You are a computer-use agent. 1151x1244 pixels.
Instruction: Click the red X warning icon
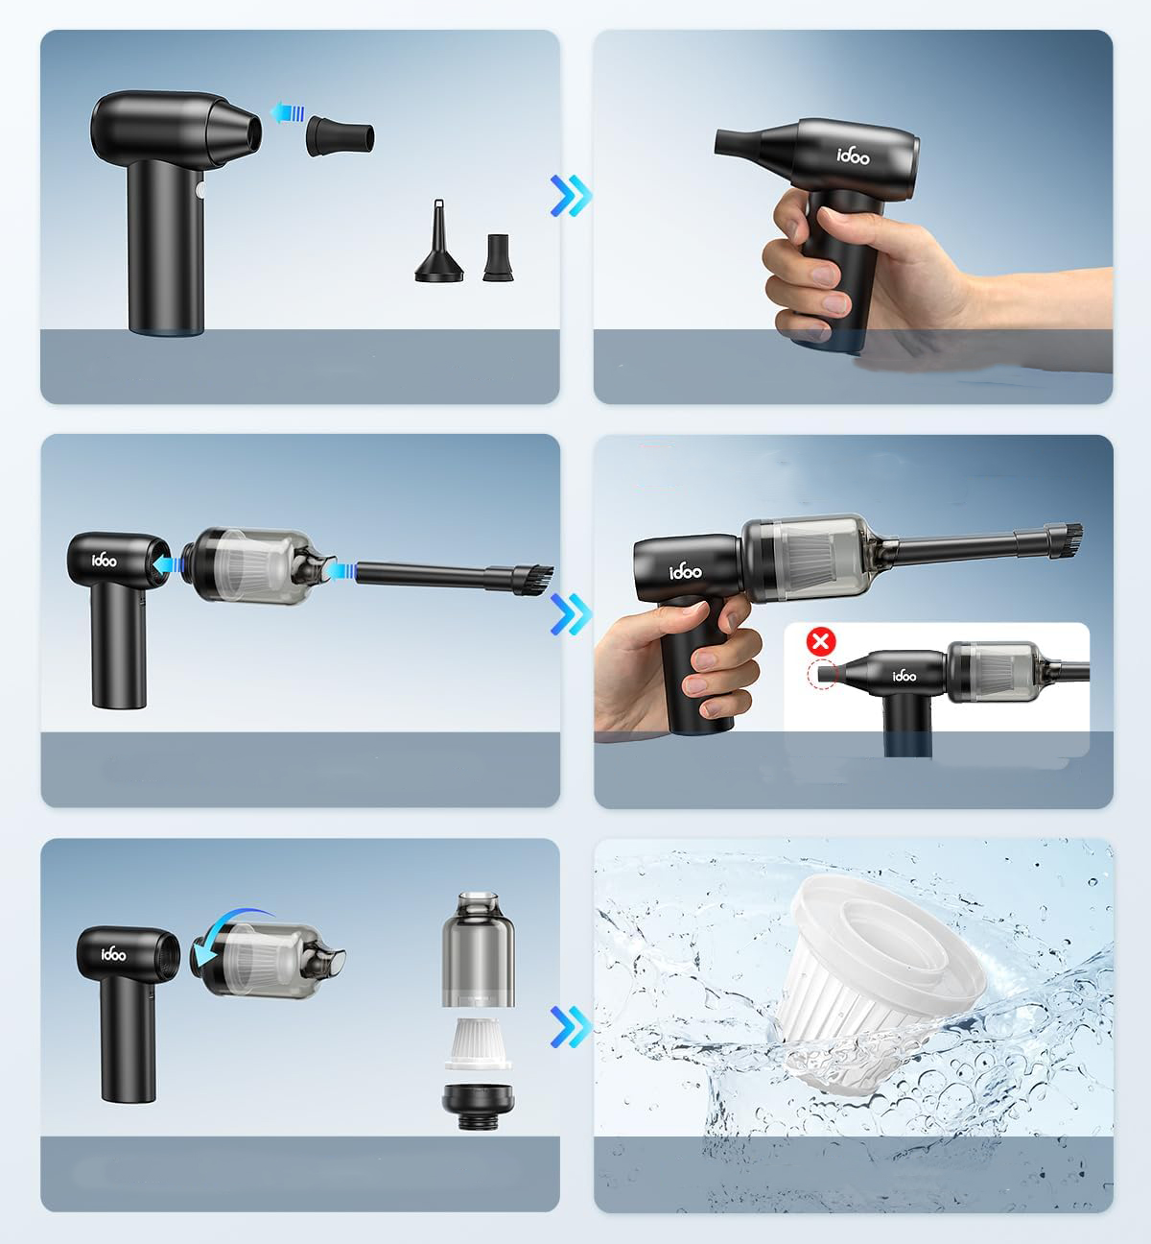[x=820, y=641]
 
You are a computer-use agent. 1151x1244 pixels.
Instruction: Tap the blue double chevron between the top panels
[x=571, y=196]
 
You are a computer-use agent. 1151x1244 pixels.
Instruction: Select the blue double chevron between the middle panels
[x=571, y=614]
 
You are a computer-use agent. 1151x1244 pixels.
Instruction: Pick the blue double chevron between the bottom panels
[x=571, y=1027]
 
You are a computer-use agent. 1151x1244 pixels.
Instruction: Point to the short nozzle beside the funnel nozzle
[x=498, y=258]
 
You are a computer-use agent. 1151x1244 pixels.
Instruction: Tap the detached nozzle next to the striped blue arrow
[x=341, y=135]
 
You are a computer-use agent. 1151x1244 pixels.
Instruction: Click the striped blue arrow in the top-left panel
[x=288, y=112]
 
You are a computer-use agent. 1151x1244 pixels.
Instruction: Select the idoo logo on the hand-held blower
[x=853, y=155]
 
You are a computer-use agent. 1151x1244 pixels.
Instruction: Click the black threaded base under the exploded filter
[x=478, y=1107]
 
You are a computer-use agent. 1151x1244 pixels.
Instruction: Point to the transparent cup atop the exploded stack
[x=479, y=949]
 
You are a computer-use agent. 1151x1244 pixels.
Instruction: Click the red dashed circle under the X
[x=823, y=674]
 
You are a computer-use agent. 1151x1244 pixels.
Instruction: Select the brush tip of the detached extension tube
[x=532, y=580]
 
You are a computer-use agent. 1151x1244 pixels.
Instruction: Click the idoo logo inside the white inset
[x=904, y=675]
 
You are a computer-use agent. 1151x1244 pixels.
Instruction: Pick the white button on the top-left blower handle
[x=200, y=190]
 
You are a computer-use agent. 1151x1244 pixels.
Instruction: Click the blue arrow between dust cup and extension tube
[x=341, y=570]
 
